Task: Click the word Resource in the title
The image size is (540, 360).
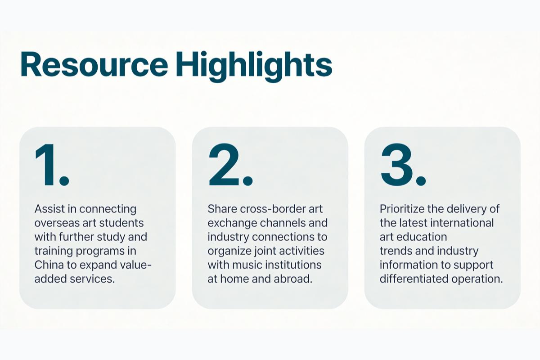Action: [x=94, y=64]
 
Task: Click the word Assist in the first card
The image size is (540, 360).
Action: [x=49, y=209]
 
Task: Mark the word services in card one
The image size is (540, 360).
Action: [x=92, y=279]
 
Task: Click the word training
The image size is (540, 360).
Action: [x=54, y=251]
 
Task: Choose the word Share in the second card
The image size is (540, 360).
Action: [x=222, y=209]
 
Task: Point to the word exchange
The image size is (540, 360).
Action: [x=232, y=223]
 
